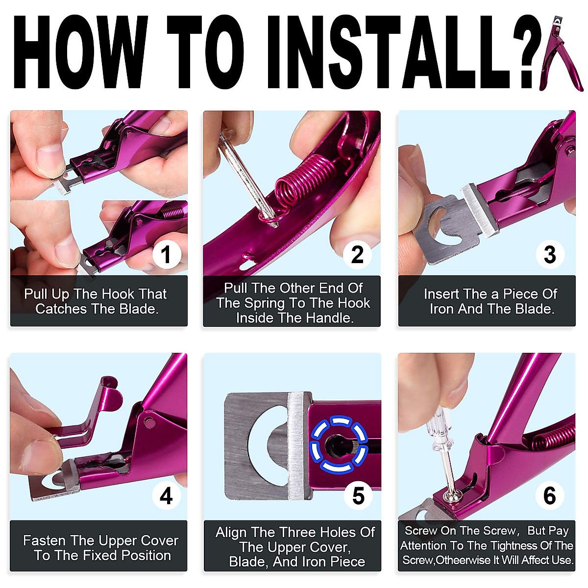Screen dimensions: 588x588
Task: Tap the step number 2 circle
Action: [357, 254]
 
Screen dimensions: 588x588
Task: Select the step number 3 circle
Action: [550, 254]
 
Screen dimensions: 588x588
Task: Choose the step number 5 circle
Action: [358, 496]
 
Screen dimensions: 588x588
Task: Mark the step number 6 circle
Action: [550, 496]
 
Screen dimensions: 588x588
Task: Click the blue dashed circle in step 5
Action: [339, 444]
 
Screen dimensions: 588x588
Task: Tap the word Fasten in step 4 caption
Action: [45, 540]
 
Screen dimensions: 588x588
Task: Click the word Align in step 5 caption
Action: [231, 532]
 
